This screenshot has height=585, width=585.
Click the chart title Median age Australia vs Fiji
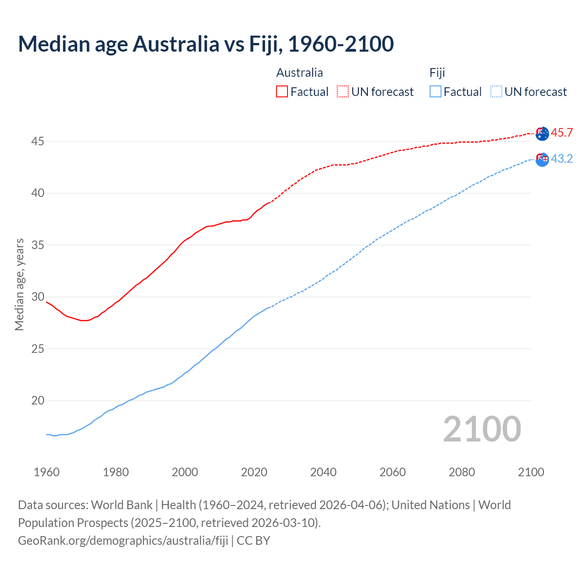[x=206, y=44]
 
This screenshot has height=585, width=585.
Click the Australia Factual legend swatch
[x=282, y=91]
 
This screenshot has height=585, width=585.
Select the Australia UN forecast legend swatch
[x=343, y=91]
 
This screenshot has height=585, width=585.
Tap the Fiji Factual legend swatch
[x=436, y=91]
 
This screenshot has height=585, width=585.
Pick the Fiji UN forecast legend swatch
[x=496, y=91]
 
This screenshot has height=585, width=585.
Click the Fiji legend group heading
[x=437, y=73]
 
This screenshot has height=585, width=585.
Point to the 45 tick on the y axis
[x=37, y=142]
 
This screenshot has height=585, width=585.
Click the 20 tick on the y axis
[x=37, y=401]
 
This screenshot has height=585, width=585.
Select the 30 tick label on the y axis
[x=37, y=297]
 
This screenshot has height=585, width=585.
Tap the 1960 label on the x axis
[x=47, y=472]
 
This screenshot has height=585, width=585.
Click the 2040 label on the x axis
[x=323, y=472]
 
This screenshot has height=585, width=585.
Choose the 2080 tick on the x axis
[x=462, y=472]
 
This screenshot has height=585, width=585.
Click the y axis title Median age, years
[x=19, y=284]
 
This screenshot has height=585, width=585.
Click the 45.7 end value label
[x=562, y=133]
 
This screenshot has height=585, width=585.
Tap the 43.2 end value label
[x=562, y=159]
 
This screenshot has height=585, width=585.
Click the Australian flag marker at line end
[x=542, y=133]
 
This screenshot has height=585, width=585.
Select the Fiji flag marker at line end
[x=542, y=160]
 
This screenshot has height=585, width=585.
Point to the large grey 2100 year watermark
[x=482, y=429]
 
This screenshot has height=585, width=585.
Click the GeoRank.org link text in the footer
[x=123, y=541]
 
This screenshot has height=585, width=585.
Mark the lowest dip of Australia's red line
[x=84, y=320]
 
